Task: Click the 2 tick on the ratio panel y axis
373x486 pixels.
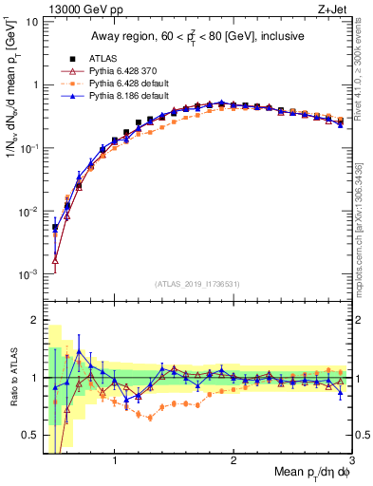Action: [33, 320]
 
